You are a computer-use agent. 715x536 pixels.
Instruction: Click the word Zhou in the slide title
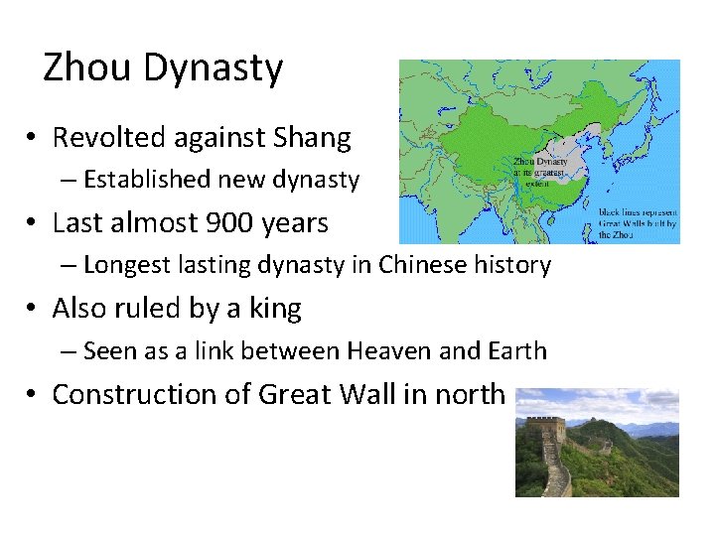click(x=88, y=68)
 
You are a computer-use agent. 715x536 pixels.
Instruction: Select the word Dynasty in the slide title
click(x=214, y=69)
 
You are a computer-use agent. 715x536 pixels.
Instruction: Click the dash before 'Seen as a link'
click(x=67, y=351)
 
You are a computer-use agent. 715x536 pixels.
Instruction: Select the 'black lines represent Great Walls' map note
click(x=638, y=223)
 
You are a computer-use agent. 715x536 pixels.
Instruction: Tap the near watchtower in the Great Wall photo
click(x=545, y=431)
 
